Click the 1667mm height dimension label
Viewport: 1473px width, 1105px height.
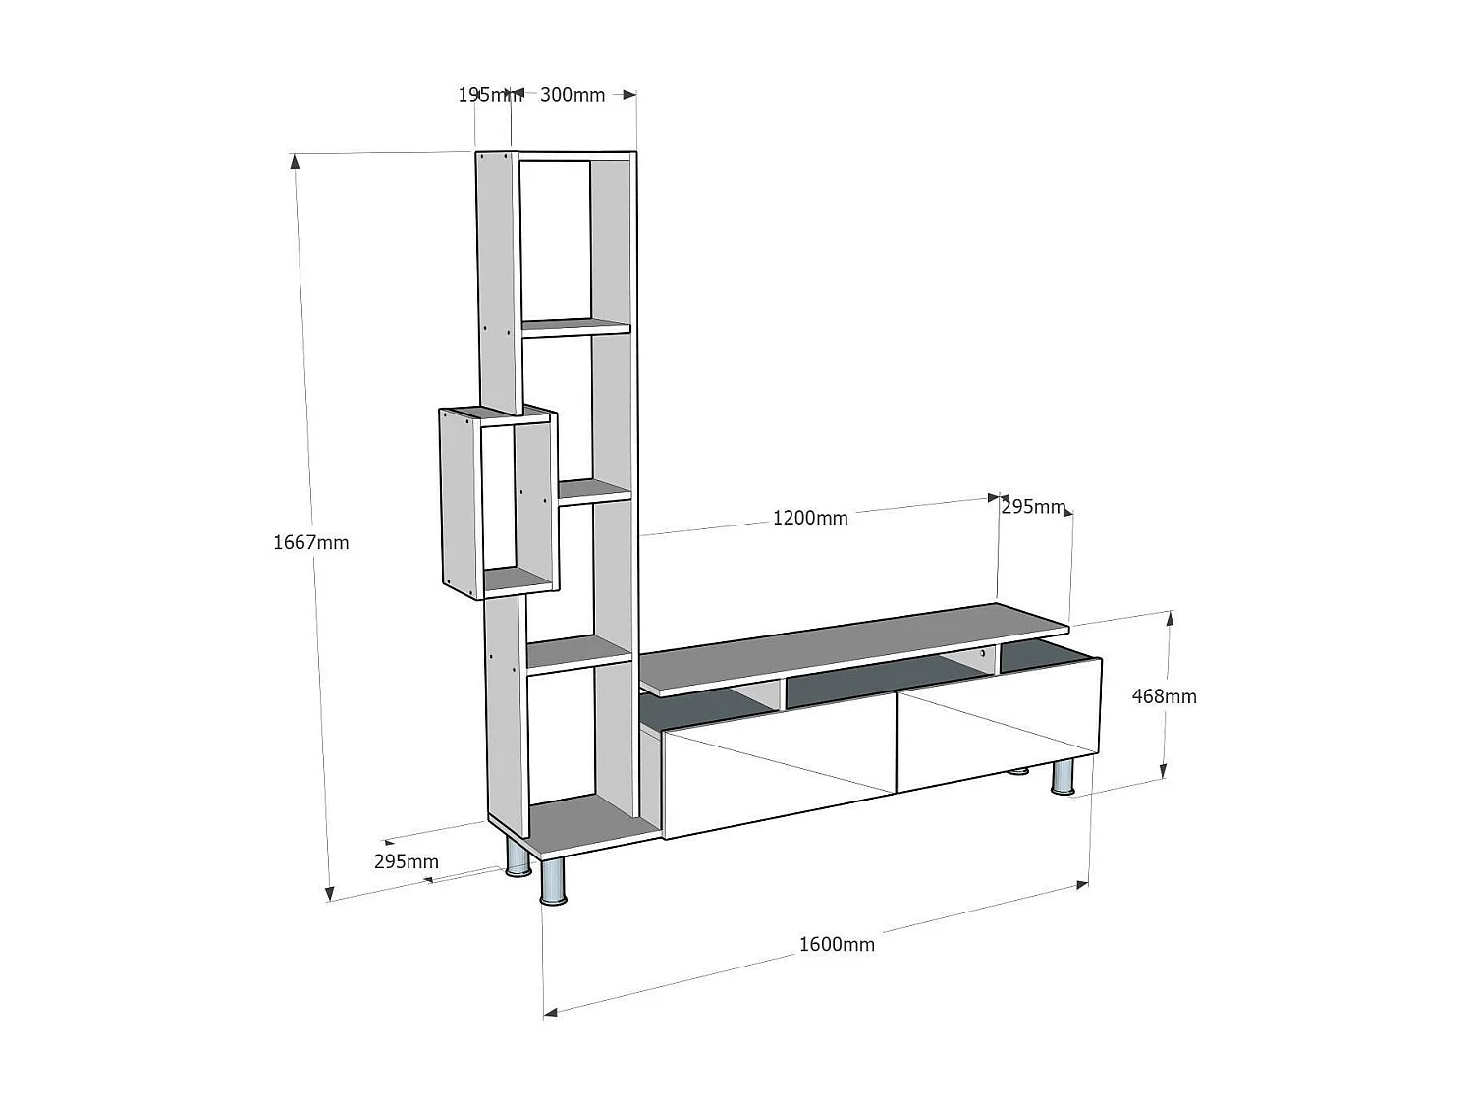coord(310,542)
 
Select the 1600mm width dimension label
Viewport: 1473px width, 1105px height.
coord(836,944)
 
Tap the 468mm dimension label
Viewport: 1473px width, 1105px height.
coord(1164,696)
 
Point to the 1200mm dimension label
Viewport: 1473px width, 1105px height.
coord(810,518)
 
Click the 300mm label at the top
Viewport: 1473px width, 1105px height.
coord(573,95)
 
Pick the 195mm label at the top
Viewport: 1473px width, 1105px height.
coord(488,95)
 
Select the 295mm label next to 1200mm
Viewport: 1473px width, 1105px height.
coord(1033,507)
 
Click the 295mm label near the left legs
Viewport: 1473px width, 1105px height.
coord(406,861)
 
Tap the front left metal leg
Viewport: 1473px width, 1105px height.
coord(554,882)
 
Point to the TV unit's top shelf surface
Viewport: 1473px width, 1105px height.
coord(854,645)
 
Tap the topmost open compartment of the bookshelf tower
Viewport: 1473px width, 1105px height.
coord(555,241)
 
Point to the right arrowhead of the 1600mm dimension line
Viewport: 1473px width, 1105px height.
coord(1082,885)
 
